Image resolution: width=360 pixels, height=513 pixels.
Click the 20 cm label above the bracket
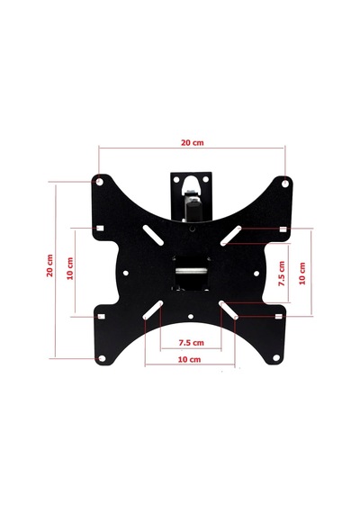(193, 143)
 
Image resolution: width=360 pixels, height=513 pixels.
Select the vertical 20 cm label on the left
(49, 265)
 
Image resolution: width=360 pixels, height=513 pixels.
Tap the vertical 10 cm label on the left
(70, 268)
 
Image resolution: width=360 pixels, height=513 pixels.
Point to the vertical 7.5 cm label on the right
(282, 274)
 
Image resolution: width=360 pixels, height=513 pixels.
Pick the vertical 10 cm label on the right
(302, 274)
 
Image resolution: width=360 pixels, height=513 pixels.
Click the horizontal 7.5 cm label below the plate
(191, 343)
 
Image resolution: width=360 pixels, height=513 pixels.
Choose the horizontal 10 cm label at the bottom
(189, 359)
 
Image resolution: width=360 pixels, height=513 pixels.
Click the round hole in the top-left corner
(100, 182)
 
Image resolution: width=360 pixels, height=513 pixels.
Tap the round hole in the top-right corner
(285, 184)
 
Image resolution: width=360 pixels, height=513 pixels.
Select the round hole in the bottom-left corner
(102, 358)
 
